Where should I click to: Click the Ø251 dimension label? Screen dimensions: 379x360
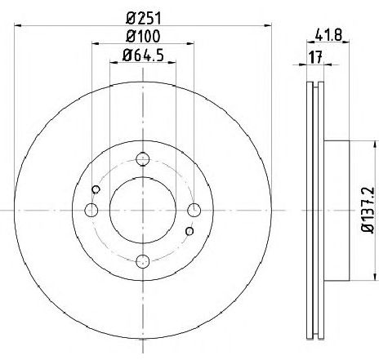pos(144,19)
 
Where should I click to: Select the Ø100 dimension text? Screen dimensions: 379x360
pos(143,36)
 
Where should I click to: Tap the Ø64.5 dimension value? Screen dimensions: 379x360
pos(143,56)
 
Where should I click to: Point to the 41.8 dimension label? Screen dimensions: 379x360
pos(328,35)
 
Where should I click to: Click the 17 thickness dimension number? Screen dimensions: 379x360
pos(315,57)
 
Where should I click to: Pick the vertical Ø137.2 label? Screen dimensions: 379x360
pos(368,210)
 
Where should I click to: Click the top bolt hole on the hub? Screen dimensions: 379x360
pos(143,159)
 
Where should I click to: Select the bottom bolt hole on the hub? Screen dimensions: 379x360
pos(143,261)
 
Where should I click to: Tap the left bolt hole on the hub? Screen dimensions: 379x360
pos(91,211)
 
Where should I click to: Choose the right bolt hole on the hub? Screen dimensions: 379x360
pos(194,211)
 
